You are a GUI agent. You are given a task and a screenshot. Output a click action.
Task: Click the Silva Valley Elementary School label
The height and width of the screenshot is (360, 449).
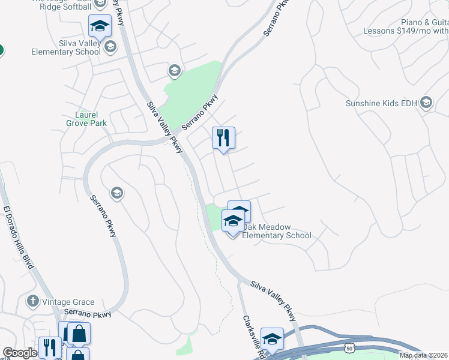point(66,47)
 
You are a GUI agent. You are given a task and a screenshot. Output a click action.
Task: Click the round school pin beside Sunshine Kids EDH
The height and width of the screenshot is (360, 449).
point(427,103)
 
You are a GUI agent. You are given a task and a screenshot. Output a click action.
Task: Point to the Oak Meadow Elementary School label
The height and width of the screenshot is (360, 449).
point(277,231)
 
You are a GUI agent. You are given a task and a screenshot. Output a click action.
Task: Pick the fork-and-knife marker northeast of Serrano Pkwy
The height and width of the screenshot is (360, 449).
point(223,138)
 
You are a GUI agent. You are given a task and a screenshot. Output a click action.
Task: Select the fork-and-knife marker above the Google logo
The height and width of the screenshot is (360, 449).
point(49,347)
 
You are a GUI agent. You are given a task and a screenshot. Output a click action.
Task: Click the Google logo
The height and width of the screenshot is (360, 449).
point(20,353)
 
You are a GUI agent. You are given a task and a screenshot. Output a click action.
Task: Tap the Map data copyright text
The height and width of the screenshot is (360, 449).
point(423,355)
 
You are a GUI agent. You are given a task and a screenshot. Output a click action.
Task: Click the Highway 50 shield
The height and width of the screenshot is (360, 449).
point(350,348)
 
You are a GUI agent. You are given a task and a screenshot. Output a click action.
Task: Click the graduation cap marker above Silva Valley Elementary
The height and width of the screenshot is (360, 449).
point(100,26)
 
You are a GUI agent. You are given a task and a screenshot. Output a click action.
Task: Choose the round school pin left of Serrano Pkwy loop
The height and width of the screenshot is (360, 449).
point(116,193)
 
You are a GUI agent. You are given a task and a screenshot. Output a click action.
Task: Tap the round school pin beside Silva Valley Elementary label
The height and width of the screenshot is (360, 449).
point(110,46)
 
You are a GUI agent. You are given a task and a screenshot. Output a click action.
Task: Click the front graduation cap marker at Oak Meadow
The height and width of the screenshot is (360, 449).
point(233,221)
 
